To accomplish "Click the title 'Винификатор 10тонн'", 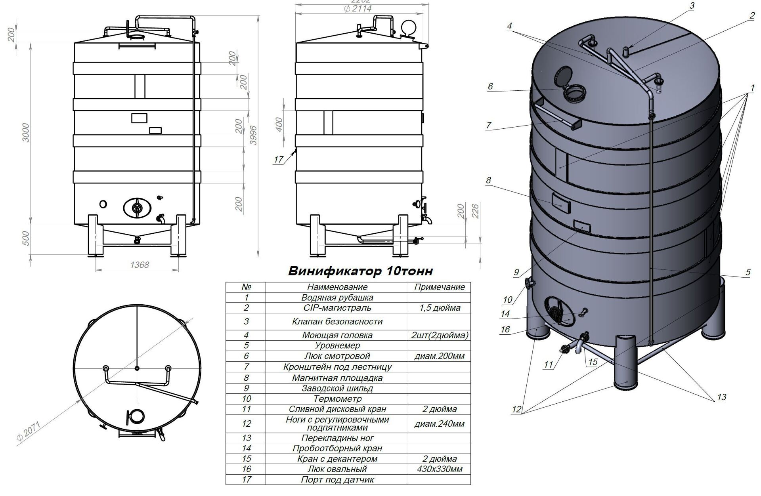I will pyautogui.click(x=360, y=271).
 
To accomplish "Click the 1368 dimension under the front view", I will pyautogui.click(x=140, y=265).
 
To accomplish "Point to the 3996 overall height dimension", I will pyautogui.click(x=252, y=135).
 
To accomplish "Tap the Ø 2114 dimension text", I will pyautogui.click(x=358, y=8).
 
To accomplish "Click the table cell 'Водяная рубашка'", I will pyautogui.click(x=337, y=298).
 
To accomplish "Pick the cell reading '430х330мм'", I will pyautogui.click(x=440, y=469).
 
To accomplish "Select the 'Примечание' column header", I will pyautogui.click(x=440, y=287).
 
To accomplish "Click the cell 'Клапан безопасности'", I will pyautogui.click(x=337, y=322).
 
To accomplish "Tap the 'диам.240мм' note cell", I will pyautogui.click(x=440, y=424).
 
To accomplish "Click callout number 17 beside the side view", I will pyautogui.click(x=279, y=159).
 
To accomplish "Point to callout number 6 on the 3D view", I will pyautogui.click(x=490, y=86).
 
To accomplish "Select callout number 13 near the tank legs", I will pyautogui.click(x=721, y=397).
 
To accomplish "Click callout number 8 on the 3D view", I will pyautogui.click(x=488, y=180).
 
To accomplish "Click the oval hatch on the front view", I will pyautogui.click(x=137, y=207).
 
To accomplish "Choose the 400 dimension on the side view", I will pyautogui.click(x=279, y=124).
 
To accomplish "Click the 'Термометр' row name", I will pyautogui.click(x=337, y=399).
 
